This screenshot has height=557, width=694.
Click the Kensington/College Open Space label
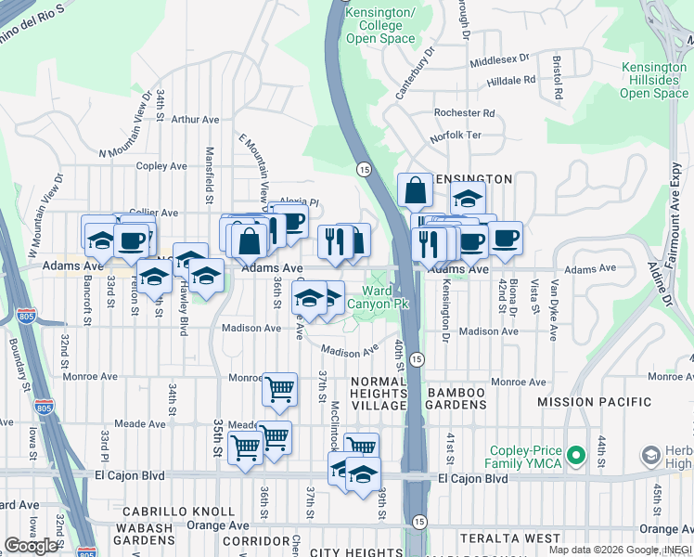tap(380, 26)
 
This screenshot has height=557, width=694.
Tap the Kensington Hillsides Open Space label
tap(654, 81)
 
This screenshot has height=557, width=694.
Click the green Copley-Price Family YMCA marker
tap(575, 456)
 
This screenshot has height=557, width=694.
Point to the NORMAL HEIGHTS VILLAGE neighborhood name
tap(378, 394)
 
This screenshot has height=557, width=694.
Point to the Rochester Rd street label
tap(464, 113)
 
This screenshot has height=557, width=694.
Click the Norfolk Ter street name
tap(456, 136)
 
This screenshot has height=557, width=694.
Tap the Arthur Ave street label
tap(195, 120)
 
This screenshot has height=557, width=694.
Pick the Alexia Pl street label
tap(299, 201)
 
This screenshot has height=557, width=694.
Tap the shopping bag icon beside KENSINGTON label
tap(415, 189)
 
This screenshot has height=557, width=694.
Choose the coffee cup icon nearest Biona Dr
tap(505, 239)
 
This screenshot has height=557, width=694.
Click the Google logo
tap(32, 546)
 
